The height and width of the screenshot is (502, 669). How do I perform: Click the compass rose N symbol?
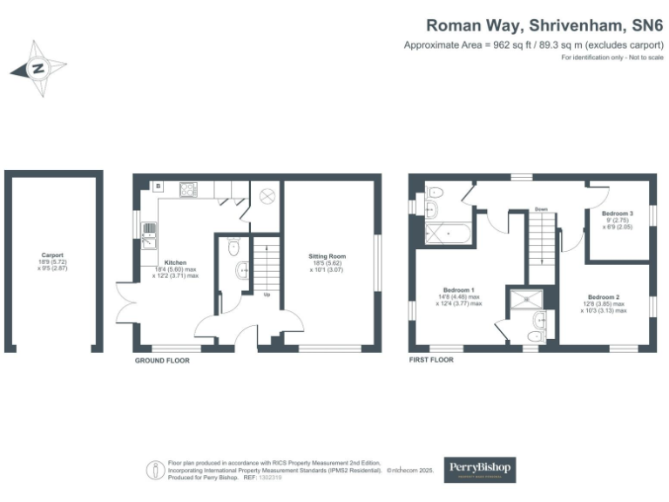click(38, 68)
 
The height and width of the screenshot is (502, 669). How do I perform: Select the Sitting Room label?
click(328, 255)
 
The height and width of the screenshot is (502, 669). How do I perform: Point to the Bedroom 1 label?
click(459, 288)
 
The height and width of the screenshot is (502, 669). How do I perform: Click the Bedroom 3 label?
click(618, 214)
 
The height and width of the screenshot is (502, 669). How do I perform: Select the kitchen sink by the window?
click(150, 233)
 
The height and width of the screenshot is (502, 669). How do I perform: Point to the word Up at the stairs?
click(265, 294)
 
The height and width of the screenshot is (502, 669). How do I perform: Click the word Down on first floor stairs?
click(541, 209)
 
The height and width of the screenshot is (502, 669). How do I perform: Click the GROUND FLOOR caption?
click(163, 360)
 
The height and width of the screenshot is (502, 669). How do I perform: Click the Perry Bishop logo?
click(480, 469)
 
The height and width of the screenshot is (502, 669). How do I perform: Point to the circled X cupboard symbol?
click(267, 196)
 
